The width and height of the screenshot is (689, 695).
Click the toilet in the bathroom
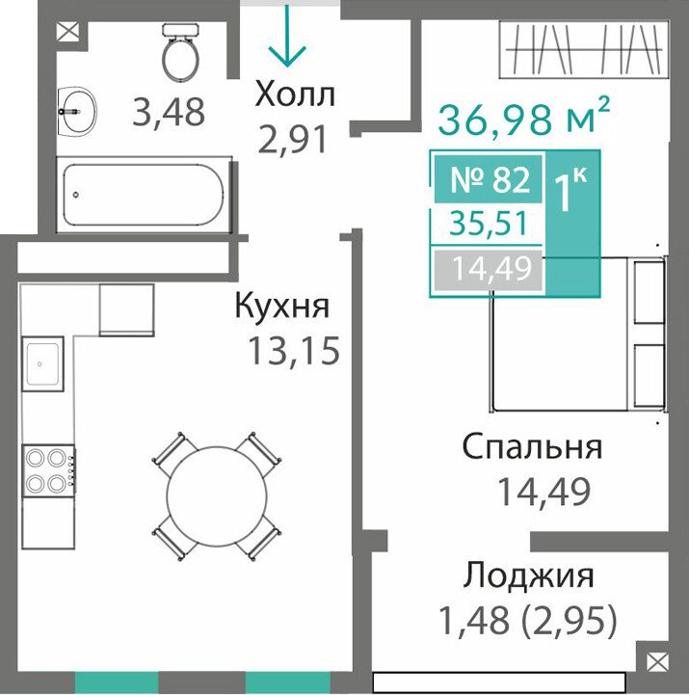coord(180,52)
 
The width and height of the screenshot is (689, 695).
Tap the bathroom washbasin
coord(77,111)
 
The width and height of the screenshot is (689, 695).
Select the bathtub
coord(144,195)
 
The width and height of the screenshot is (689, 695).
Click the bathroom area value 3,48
coord(169,112)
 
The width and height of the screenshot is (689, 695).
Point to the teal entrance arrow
coord(287,36)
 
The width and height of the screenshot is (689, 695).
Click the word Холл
coord(295,94)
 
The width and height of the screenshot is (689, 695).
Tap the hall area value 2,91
coord(293,139)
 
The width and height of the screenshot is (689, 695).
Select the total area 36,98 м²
coord(524,117)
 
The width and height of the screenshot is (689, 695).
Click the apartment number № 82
coord(490,180)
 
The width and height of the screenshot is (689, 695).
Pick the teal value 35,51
coord(489,224)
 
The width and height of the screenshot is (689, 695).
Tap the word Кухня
coord(282,306)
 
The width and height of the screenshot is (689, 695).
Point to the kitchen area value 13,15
coord(294,350)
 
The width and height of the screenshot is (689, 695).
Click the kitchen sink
coord(42,364)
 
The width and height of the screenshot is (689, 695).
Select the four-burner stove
coord(49,469)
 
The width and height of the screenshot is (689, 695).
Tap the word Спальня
coord(532,446)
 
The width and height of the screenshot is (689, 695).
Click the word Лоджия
coord(529,575)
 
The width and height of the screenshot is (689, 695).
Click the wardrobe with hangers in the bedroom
coord(584,49)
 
